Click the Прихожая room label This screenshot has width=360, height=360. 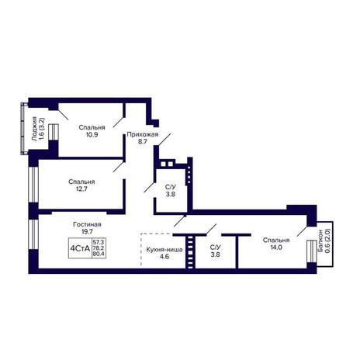click(143, 134)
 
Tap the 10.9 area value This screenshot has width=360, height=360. click(92, 134)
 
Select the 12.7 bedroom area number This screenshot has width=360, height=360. click(81, 189)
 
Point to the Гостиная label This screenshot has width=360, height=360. click(87, 224)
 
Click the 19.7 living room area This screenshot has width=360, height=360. click(87, 231)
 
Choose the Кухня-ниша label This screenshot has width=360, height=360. click(164, 250)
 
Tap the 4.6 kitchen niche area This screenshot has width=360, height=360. click(164, 257)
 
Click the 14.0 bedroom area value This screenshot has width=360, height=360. click(276, 247)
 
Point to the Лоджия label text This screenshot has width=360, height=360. click(34, 129)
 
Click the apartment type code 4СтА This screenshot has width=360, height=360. click(80, 249)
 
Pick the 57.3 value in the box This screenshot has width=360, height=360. click(99, 242)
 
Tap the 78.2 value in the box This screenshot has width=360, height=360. click(99, 248)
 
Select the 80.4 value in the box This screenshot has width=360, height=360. click(99, 254)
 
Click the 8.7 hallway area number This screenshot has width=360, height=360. click(143, 141)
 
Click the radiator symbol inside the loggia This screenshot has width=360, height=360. click(54, 132)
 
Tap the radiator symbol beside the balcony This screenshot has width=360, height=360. click(312, 251)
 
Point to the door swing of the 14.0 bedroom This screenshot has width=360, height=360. click(302, 231)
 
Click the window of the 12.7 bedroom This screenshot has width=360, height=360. click(33, 185)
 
